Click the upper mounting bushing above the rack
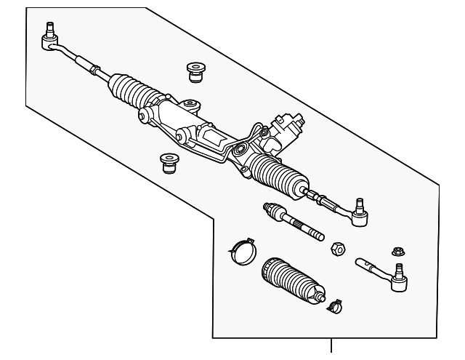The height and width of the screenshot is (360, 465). pyautogui.click(x=194, y=71)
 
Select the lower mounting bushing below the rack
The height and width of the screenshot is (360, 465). pyautogui.click(x=169, y=161)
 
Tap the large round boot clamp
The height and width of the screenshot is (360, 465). pyautogui.click(x=240, y=249)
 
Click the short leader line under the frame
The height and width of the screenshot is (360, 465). pyautogui.click(x=332, y=348)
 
